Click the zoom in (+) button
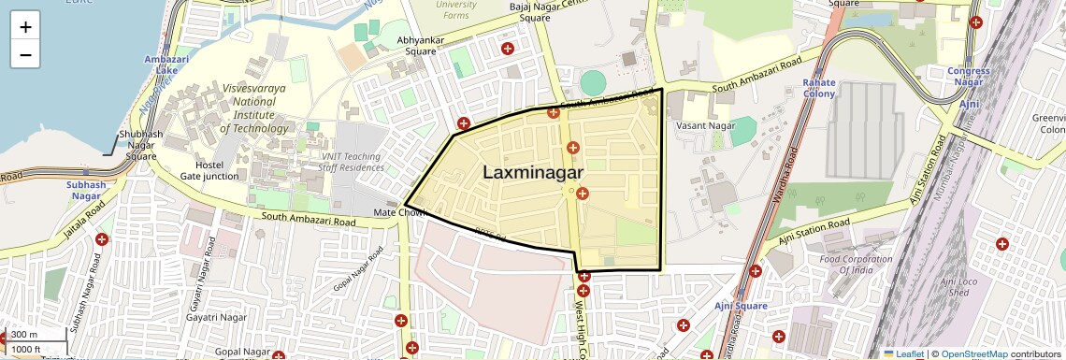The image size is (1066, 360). coord(25,27)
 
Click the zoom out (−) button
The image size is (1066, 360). coord(25,55)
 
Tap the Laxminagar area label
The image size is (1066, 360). coord(533,172)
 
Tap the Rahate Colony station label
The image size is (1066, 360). coord(819,88)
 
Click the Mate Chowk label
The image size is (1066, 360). coord(400,213)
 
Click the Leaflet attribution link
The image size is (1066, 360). coord(903,353)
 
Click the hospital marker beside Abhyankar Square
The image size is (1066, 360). coord(508,48)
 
